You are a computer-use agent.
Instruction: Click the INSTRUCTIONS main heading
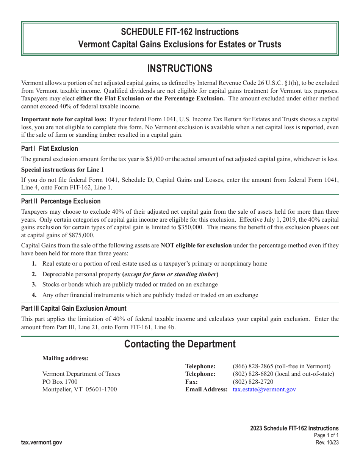tap(180, 69)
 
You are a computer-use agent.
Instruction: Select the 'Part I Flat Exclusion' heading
tap(50, 149)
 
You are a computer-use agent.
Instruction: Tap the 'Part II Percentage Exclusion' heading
tap(61, 201)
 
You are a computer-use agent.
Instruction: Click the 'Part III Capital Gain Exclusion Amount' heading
tap(74, 308)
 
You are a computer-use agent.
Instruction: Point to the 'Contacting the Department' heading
tap(180, 344)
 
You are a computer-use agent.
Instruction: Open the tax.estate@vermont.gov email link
tap(264, 389)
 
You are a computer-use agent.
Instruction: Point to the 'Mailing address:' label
tap(66, 358)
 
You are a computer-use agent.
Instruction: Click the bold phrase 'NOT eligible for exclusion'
tap(196, 246)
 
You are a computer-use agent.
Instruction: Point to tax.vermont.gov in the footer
tap(42, 443)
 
